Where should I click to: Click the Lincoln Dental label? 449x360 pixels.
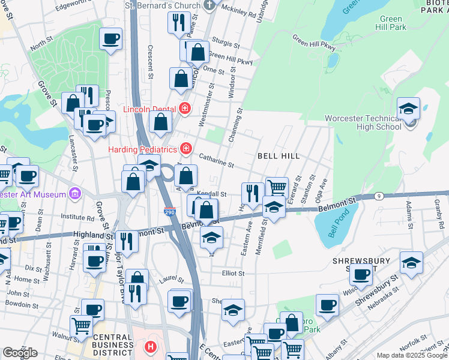coord(150,109)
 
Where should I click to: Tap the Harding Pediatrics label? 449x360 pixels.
coord(143,149)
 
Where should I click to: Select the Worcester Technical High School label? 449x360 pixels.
coord(363,122)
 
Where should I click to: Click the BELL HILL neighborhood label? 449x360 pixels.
coord(278,156)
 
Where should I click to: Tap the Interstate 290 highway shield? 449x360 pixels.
coord(169,212)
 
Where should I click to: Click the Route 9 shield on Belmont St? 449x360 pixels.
coord(378,196)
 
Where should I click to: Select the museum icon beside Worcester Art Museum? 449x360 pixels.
coord(74,194)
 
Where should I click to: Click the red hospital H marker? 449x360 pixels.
coord(150,347)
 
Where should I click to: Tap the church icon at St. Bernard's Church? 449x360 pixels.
coord(208,6)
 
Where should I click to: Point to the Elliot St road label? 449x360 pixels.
coord(233,273)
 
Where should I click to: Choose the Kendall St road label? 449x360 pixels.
coord(214,194)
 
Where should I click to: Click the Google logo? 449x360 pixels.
coord(20,353)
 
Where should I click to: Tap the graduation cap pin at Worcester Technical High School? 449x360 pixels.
coord(409,109)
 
